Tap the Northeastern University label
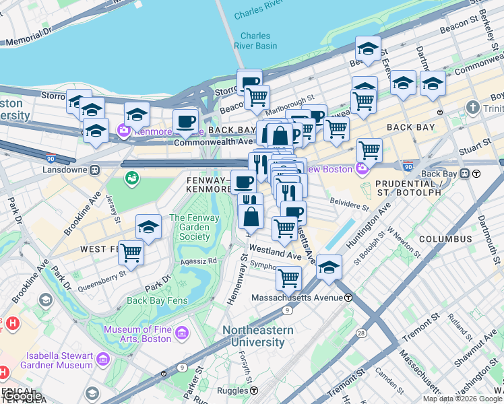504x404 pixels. (x=258, y=336)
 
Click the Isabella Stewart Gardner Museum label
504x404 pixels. (x=59, y=360)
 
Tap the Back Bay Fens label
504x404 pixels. (x=155, y=300)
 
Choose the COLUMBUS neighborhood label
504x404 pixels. (x=445, y=239)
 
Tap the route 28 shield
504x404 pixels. (x=361, y=334)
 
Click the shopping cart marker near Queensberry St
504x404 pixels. (x=131, y=254)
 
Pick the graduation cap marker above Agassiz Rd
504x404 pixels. (x=148, y=227)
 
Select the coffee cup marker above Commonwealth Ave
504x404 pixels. (x=185, y=121)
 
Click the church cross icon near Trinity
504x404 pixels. (x=473, y=108)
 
